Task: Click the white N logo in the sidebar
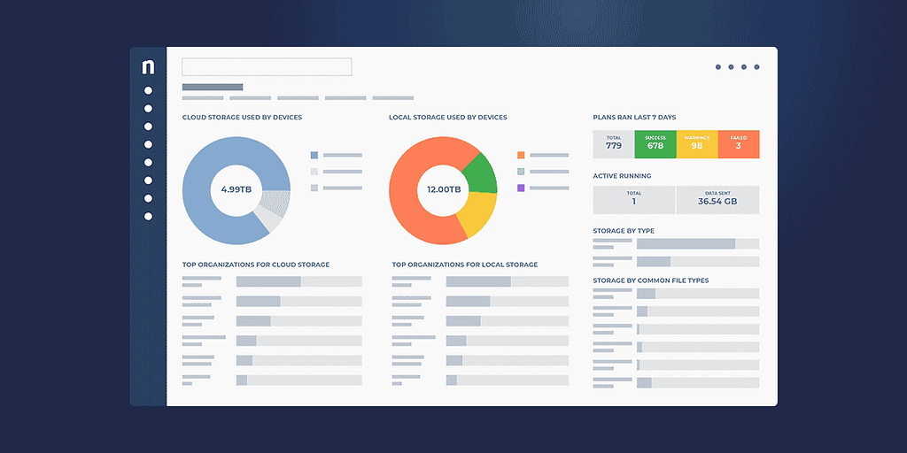click(148, 67)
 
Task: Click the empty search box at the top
click(267, 67)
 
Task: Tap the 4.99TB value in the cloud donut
click(236, 189)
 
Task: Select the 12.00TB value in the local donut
click(443, 189)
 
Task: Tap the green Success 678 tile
click(655, 144)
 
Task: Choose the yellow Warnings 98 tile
click(696, 144)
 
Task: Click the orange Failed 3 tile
click(739, 144)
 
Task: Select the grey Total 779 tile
click(614, 144)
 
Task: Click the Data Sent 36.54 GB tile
click(717, 199)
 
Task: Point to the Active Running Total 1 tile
click(633, 199)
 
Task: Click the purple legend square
click(521, 188)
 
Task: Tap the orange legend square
click(521, 155)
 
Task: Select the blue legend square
click(314, 155)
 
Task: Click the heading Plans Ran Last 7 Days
click(634, 118)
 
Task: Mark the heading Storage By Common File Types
click(650, 280)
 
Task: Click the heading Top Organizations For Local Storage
click(464, 265)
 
